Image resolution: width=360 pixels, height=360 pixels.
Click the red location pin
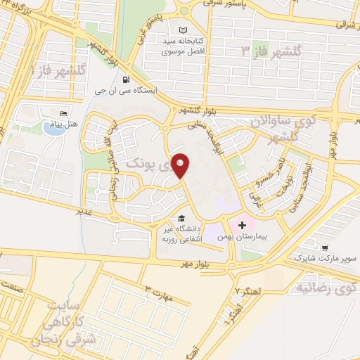click(181, 165)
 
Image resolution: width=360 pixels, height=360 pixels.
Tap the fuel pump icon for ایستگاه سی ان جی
click(125, 79)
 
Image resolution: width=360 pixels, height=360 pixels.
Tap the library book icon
click(184, 30)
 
